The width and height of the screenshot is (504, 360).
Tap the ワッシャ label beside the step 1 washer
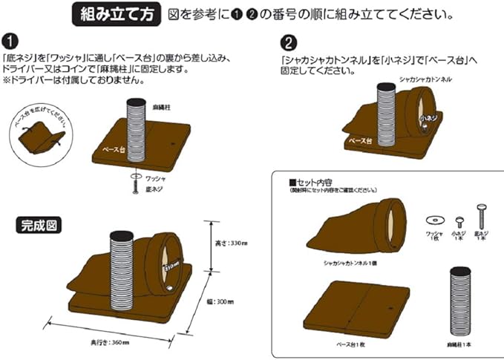[155, 179]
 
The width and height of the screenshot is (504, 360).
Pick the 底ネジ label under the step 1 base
[154, 192]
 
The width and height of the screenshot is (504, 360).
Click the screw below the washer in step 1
[134, 190]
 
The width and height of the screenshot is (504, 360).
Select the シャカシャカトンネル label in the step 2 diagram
[426, 78]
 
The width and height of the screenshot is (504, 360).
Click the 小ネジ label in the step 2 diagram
[428, 118]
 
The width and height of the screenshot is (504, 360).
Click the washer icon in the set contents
[434, 220]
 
